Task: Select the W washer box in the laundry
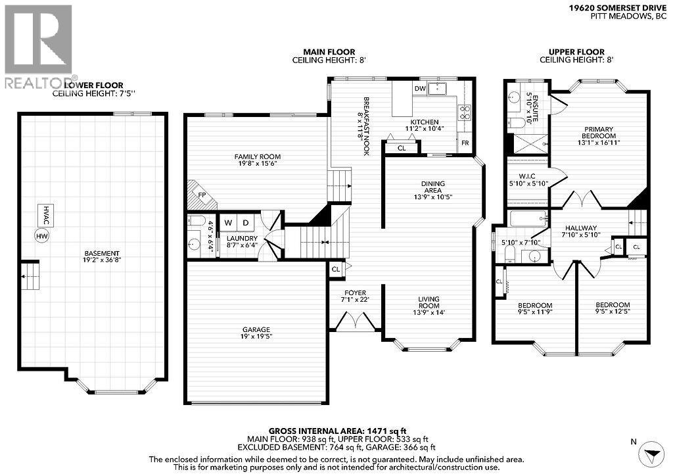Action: click(x=228, y=223)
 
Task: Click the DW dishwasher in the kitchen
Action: click(x=419, y=88)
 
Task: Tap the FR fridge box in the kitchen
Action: click(x=465, y=143)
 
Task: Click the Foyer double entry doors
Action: click(x=356, y=322)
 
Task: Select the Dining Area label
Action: click(x=433, y=189)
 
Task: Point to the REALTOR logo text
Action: click(x=39, y=83)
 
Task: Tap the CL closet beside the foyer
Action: click(x=336, y=268)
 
